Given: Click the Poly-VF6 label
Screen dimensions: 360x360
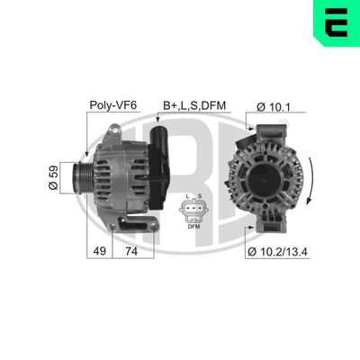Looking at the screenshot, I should click(112, 104).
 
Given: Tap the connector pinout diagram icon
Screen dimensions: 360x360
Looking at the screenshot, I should click(193, 212).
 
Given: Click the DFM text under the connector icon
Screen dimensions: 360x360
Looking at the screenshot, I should click(193, 227).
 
